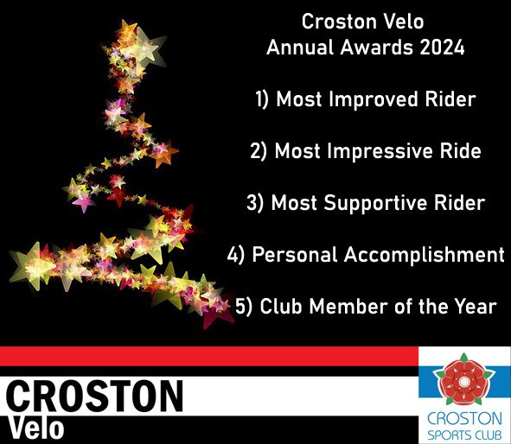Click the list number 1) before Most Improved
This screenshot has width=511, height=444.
point(262,100)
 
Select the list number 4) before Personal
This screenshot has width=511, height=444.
point(235,256)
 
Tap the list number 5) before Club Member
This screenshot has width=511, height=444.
point(243,307)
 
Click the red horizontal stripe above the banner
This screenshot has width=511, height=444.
point(208,355)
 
